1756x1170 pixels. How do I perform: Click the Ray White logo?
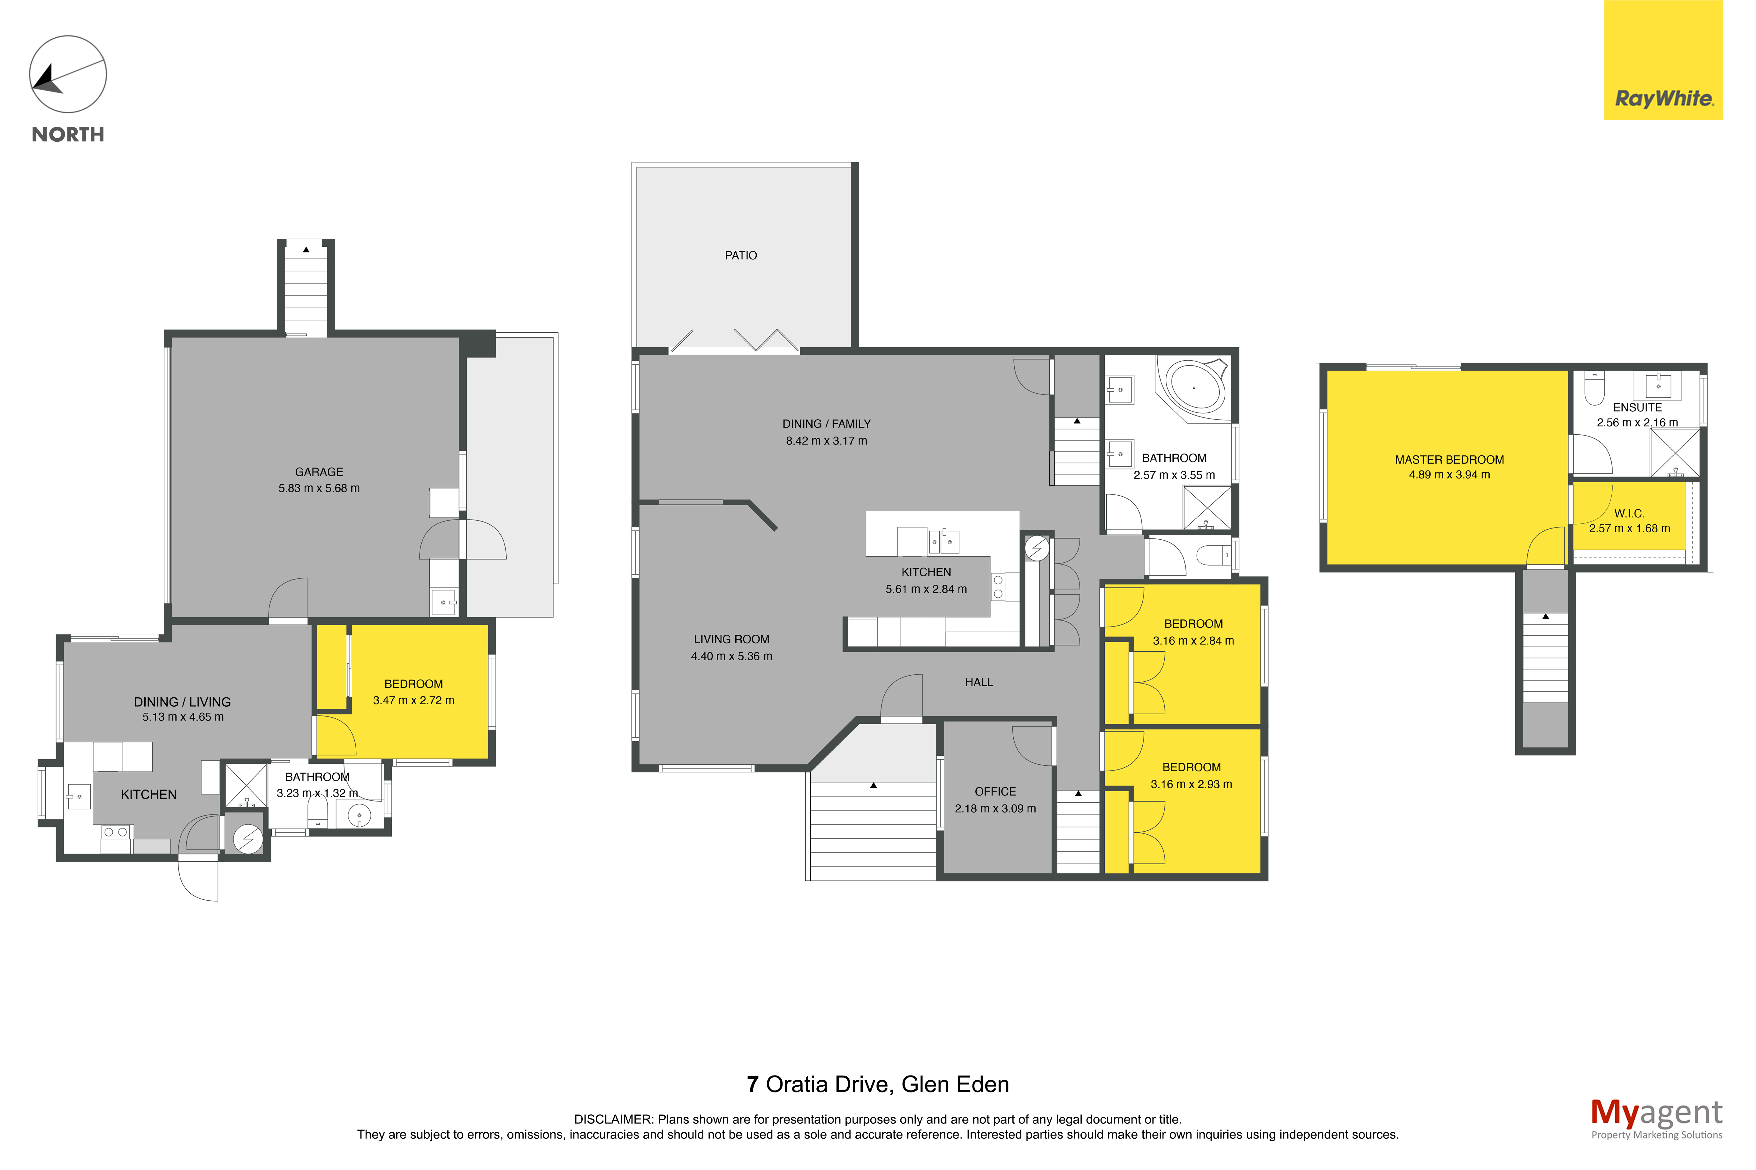click(x=1663, y=60)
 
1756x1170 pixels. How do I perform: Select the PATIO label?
click(x=740, y=255)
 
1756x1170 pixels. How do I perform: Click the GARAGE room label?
click(x=319, y=472)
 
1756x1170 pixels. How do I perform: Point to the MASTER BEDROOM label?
click(x=1449, y=460)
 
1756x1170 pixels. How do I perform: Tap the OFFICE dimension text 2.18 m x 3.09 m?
click(x=995, y=808)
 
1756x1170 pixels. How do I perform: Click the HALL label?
click(x=978, y=682)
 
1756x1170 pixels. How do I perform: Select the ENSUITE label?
click(x=1637, y=408)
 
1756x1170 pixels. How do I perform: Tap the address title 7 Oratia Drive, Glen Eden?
click(x=878, y=1084)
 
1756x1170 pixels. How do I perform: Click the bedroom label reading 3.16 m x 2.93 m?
click(x=1191, y=784)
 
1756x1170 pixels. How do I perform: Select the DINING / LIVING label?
click(x=182, y=702)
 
